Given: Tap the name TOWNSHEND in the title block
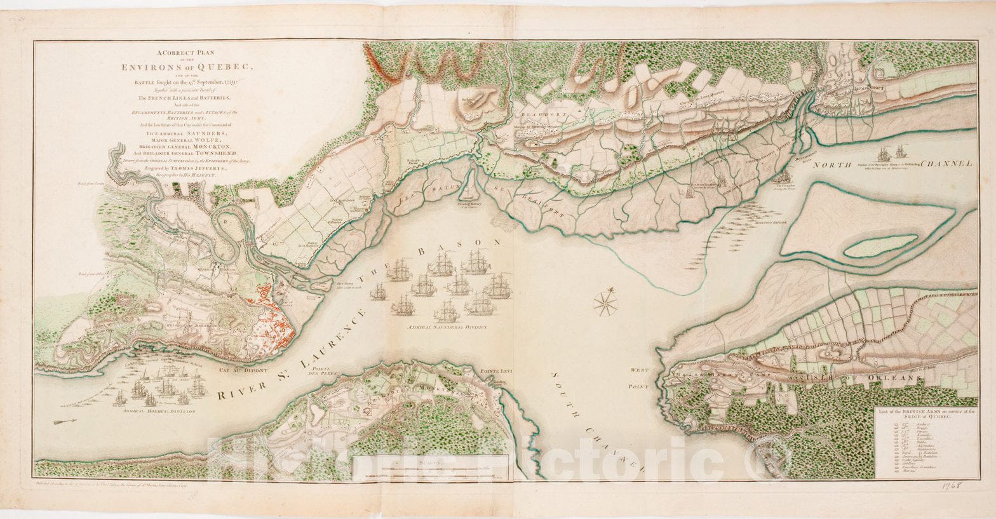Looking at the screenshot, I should (x=220, y=154).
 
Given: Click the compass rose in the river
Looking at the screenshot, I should (x=605, y=302).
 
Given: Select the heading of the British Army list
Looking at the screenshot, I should (x=925, y=415).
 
